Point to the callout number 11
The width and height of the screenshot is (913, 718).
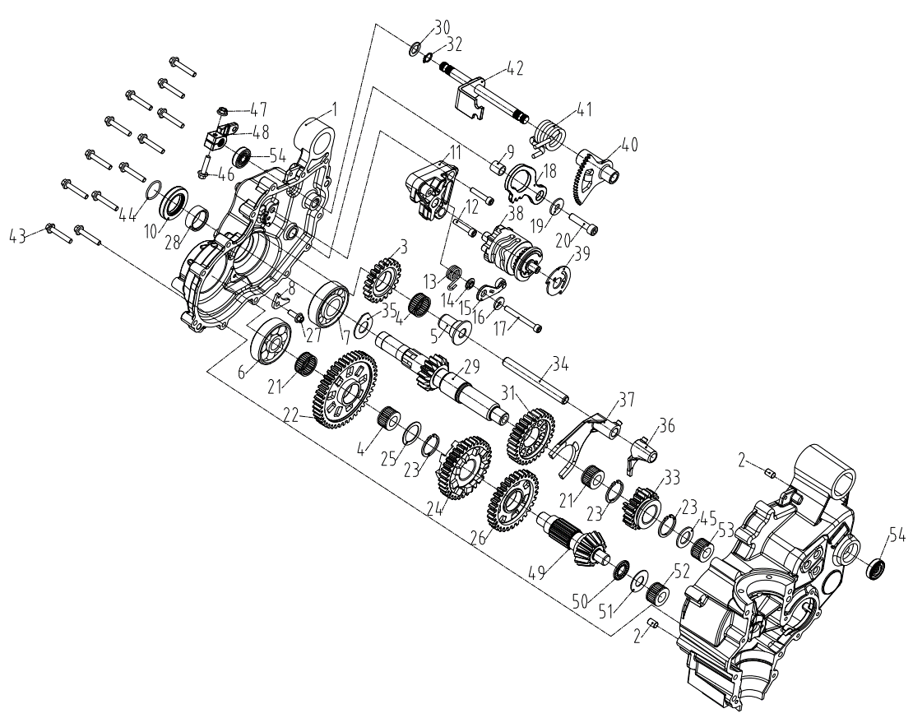coord(434,152)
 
